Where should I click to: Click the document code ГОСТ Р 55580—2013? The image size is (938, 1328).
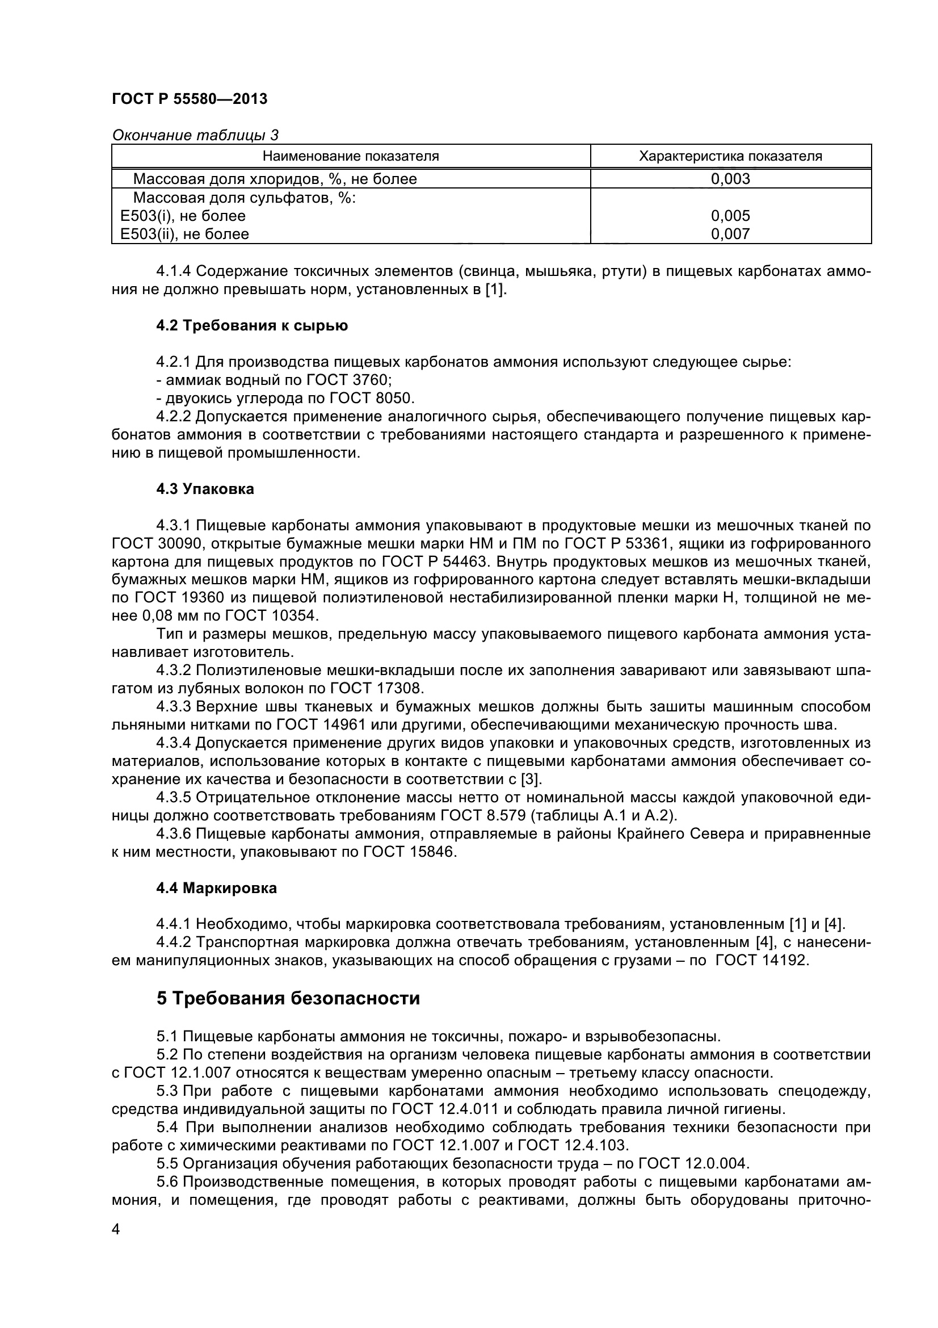pyautogui.click(x=190, y=99)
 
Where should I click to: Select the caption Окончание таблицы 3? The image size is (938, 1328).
pyautogui.click(x=195, y=135)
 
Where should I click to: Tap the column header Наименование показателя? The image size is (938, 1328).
pyautogui.click(x=351, y=156)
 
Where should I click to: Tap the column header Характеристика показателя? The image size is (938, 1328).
pyautogui.click(x=730, y=156)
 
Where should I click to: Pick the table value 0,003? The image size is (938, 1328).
pyautogui.click(x=730, y=179)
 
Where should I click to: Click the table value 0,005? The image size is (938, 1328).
pyautogui.click(x=730, y=216)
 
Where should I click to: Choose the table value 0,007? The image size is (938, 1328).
pyautogui.click(x=730, y=234)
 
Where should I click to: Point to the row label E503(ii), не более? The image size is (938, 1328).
pyautogui.click(x=185, y=234)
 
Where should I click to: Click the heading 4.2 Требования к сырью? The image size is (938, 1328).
pyautogui.click(x=252, y=326)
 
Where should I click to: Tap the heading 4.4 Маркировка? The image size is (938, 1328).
pyautogui.click(x=217, y=889)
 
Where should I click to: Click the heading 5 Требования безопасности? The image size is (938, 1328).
pyautogui.click(x=288, y=999)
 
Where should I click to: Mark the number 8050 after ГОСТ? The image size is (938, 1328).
pyautogui.click(x=397, y=399)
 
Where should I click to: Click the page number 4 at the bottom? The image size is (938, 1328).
pyautogui.click(x=116, y=1229)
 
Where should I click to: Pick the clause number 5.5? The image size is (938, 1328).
pyautogui.click(x=167, y=1163)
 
